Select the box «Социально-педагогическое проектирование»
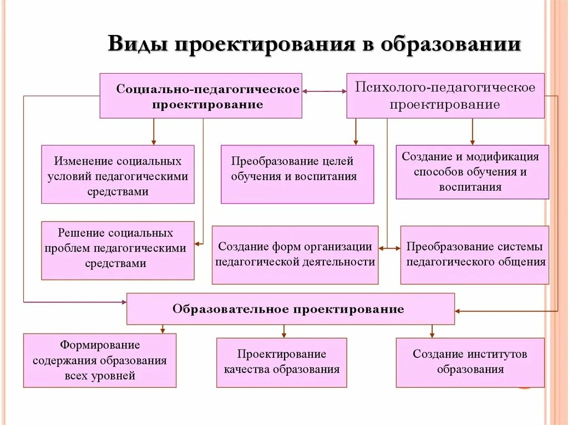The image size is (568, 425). [x=201, y=96]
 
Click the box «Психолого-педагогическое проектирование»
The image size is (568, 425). [x=445, y=96]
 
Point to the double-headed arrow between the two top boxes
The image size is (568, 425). [x=324, y=91]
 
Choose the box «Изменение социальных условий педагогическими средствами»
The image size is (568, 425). [x=118, y=175]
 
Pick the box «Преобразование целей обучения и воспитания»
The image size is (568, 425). [x=297, y=175]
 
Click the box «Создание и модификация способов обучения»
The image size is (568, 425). [x=472, y=172]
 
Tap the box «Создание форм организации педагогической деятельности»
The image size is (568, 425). [x=295, y=255]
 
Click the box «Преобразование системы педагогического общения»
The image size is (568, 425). [x=474, y=255]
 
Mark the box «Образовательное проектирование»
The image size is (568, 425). [x=291, y=309]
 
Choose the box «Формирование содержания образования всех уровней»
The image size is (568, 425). [x=100, y=360]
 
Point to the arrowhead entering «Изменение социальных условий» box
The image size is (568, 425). [x=154, y=142]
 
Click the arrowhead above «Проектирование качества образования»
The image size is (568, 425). [x=283, y=335]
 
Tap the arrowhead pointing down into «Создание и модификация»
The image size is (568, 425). [x=472, y=142]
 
